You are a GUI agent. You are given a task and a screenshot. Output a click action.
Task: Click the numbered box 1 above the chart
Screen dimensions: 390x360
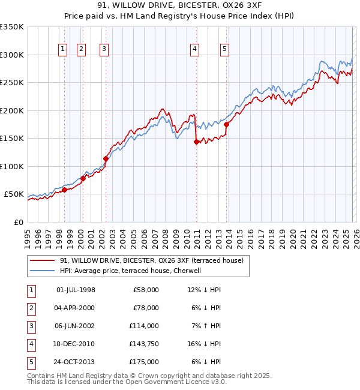click(x=62, y=50)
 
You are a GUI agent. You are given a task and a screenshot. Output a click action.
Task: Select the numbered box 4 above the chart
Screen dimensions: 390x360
click(x=195, y=50)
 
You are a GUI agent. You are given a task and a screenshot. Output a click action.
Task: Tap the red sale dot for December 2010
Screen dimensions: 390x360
click(x=196, y=142)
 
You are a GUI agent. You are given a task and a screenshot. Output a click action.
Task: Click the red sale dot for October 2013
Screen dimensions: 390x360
click(x=227, y=125)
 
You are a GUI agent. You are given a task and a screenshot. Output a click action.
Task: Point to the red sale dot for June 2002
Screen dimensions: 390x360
click(x=106, y=159)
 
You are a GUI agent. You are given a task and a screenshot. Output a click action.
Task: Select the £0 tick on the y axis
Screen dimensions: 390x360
click(x=18, y=223)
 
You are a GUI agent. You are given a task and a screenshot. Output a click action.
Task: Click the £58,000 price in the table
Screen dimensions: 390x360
click(x=146, y=290)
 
